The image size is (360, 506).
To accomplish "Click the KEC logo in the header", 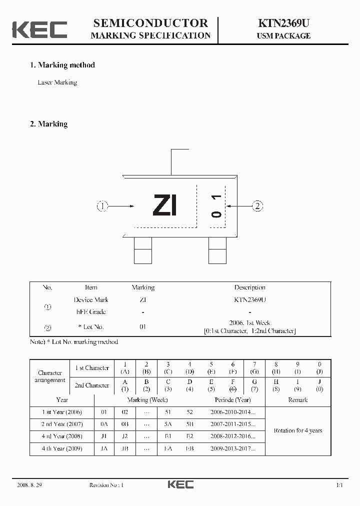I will click(39, 29).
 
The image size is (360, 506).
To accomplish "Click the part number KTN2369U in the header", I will click(283, 23).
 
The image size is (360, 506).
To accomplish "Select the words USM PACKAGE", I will click(283, 36).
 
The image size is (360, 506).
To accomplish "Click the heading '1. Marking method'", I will click(62, 65).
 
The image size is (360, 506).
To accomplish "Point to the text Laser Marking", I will click(57, 82).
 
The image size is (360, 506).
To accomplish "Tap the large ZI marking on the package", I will click(165, 205).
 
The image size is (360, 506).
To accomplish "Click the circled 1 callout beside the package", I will click(102, 206).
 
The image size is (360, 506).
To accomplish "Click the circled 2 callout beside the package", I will click(257, 205).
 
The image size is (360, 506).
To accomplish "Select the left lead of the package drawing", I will click(142, 250).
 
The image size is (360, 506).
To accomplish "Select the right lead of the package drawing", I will click(217, 250).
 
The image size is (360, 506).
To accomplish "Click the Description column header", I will click(249, 287).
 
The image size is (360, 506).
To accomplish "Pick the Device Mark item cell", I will click(91, 300).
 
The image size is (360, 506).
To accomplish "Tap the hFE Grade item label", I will click(91, 312).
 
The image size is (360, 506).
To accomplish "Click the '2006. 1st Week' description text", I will click(249, 323).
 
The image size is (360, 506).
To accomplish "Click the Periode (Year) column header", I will click(232, 400).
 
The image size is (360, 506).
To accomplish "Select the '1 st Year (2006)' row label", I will click(62, 412).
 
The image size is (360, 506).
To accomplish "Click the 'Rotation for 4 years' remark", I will click(298, 430).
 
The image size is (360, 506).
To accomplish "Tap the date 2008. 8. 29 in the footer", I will click(27, 485).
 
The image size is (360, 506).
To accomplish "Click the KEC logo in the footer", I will click(180, 484).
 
